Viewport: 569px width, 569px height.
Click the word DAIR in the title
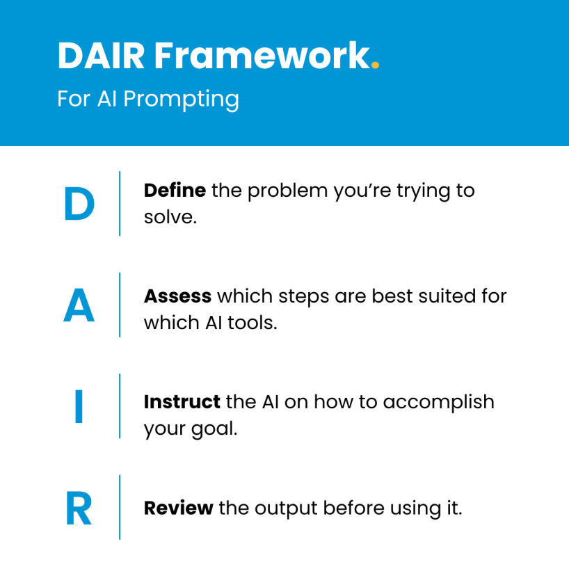(100, 56)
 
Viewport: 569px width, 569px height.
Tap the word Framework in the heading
(260, 56)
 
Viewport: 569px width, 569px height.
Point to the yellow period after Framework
(376, 67)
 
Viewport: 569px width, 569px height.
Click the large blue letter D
(79, 205)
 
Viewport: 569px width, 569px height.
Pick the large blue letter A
(79, 307)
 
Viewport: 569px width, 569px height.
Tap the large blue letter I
(79, 408)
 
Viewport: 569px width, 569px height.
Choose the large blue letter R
(79, 509)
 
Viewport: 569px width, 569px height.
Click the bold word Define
(175, 191)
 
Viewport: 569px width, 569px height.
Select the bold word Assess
(177, 296)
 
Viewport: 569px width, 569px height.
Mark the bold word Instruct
(182, 402)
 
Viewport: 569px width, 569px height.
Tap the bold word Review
(178, 508)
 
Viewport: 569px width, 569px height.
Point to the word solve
(169, 217)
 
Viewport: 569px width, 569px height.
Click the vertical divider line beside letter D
(120, 203)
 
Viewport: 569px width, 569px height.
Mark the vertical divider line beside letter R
(120, 507)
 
